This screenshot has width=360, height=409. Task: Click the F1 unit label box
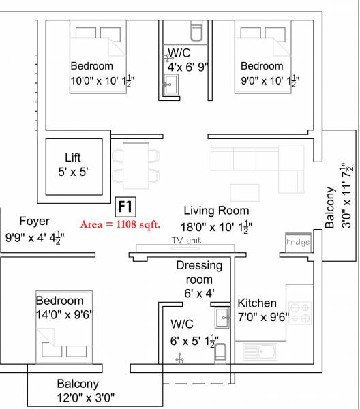coord(124,207)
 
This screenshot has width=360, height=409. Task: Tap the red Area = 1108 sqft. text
coord(120,224)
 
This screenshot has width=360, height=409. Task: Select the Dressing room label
coord(195,272)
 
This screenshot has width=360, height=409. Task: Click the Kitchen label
coord(257,303)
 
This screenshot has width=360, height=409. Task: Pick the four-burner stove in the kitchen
coord(301,312)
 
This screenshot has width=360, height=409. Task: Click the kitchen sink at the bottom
coord(260,352)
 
